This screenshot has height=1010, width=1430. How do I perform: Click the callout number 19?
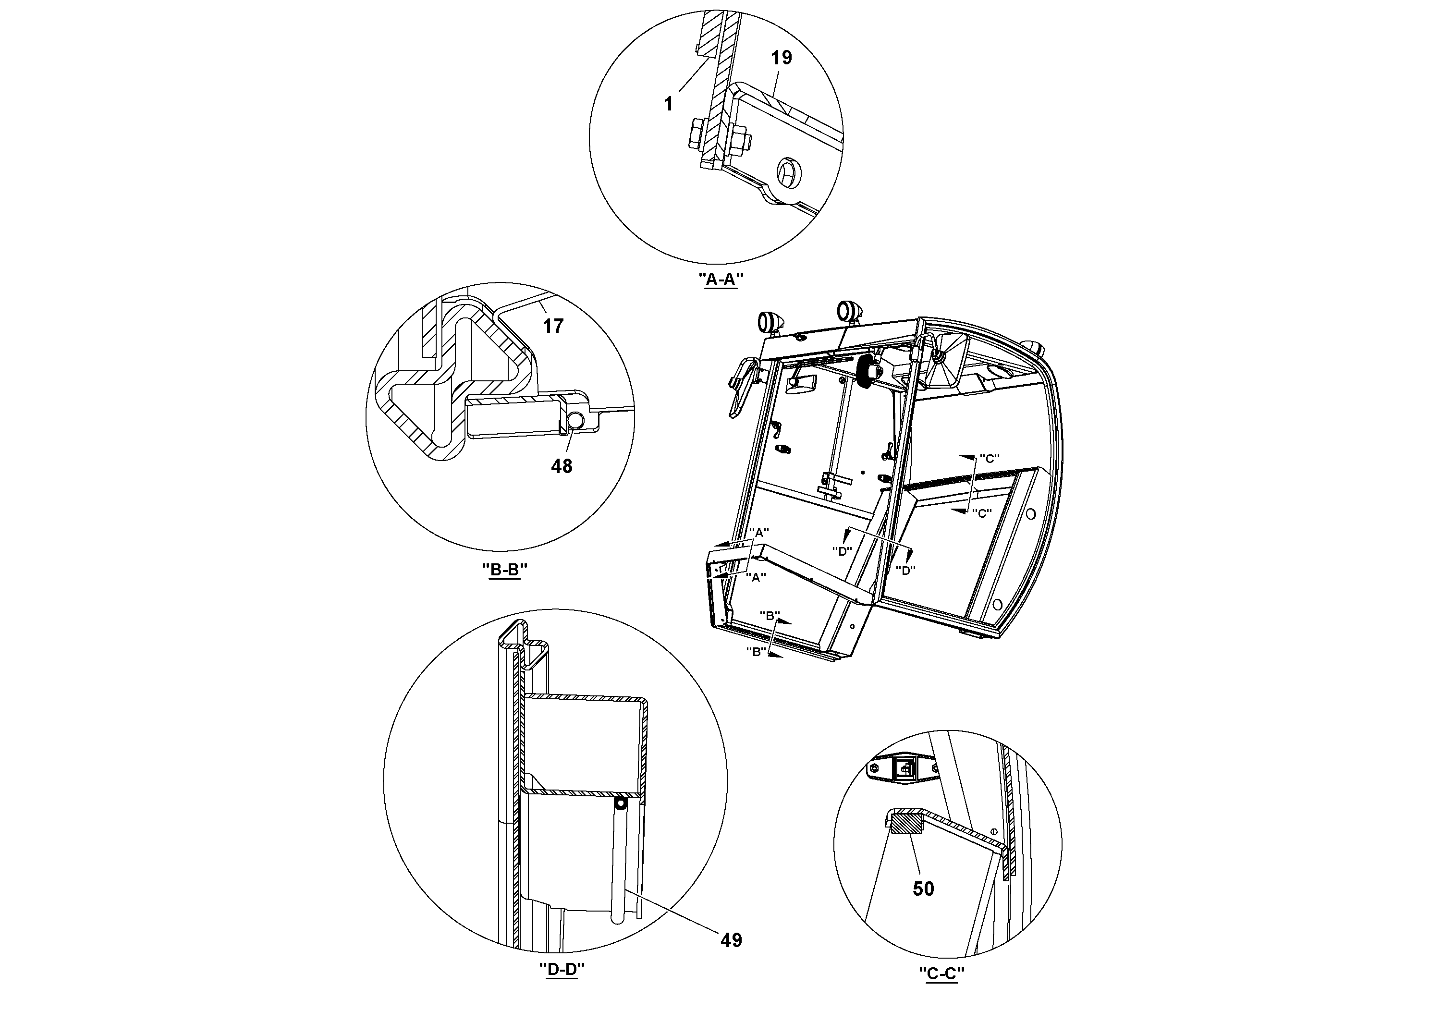point(781,58)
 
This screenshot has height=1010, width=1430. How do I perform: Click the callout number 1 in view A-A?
point(668,104)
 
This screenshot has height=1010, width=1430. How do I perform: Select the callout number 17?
point(553,326)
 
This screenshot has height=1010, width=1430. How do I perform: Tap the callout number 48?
point(561,466)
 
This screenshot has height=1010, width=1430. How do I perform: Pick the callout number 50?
point(923,888)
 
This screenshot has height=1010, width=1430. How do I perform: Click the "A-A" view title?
point(721,280)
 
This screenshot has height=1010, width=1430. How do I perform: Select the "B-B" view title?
point(504,570)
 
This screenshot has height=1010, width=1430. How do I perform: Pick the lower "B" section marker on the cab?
point(756,652)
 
